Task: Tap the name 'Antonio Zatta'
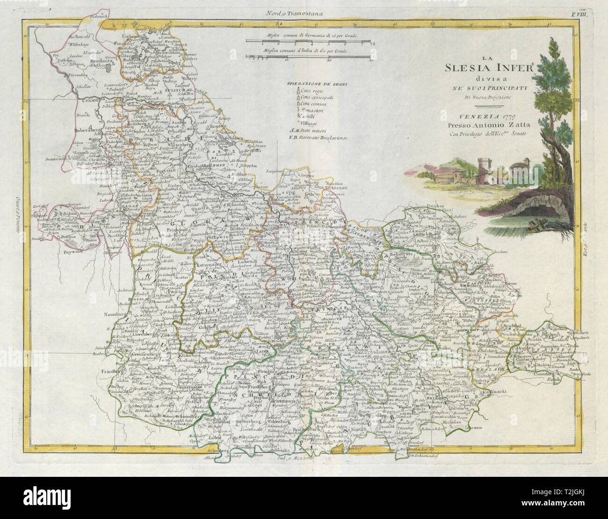(489, 126)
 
